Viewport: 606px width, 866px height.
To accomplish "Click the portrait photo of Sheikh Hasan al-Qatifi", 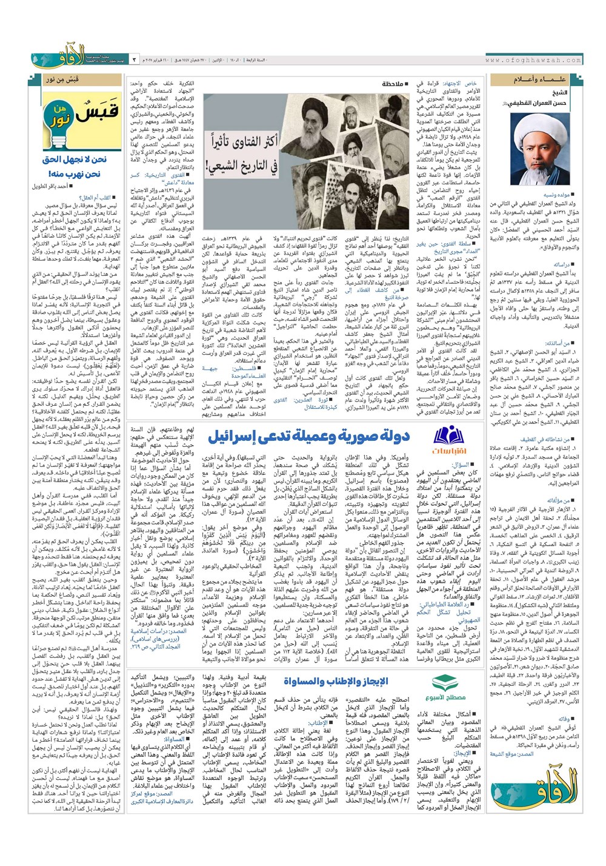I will click(x=536, y=144).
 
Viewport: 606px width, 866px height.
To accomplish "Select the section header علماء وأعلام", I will click(x=534, y=79).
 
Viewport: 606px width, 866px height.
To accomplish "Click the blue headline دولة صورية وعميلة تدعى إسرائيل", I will click(x=309, y=435).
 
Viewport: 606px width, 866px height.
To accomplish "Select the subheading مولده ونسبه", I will click(x=556, y=195).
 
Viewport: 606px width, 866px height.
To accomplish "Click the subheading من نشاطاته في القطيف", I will click(x=546, y=439).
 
